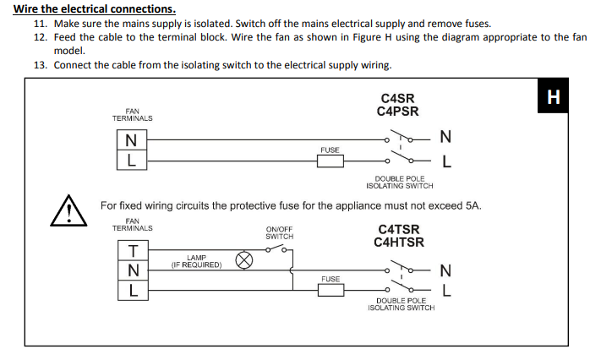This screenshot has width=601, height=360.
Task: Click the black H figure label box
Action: [x=554, y=96]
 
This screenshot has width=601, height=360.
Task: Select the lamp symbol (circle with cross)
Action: [x=244, y=260]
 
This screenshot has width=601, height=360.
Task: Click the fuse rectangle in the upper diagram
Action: [x=330, y=161]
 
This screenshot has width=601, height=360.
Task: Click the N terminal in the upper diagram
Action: [x=131, y=139]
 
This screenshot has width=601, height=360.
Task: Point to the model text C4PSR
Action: [x=397, y=112]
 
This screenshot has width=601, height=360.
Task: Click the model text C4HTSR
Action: [x=399, y=243]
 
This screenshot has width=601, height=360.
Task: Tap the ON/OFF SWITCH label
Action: [x=279, y=232]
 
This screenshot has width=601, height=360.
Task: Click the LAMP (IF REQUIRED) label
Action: [x=196, y=261]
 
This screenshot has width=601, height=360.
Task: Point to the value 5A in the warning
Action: [x=473, y=205]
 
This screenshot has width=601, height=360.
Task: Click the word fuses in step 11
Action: [x=476, y=24]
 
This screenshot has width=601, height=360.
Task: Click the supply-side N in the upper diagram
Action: [x=445, y=138]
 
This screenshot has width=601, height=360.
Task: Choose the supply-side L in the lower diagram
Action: [x=447, y=290]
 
